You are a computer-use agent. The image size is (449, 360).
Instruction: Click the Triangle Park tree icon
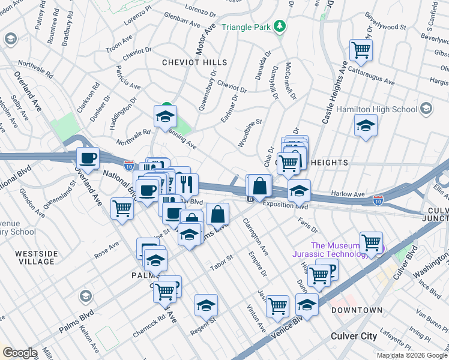point(279,26)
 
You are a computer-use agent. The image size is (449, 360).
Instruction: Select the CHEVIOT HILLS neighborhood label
point(194,62)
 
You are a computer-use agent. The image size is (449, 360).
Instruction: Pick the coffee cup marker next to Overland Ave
point(88,159)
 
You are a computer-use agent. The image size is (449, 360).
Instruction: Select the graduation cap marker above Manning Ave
point(165,117)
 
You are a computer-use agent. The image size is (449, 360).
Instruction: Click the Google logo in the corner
point(20,353)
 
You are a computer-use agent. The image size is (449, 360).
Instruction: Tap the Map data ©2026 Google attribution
point(412,355)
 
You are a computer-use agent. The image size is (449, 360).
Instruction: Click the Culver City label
point(354,336)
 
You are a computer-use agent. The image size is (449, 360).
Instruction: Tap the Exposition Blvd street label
point(285,206)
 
